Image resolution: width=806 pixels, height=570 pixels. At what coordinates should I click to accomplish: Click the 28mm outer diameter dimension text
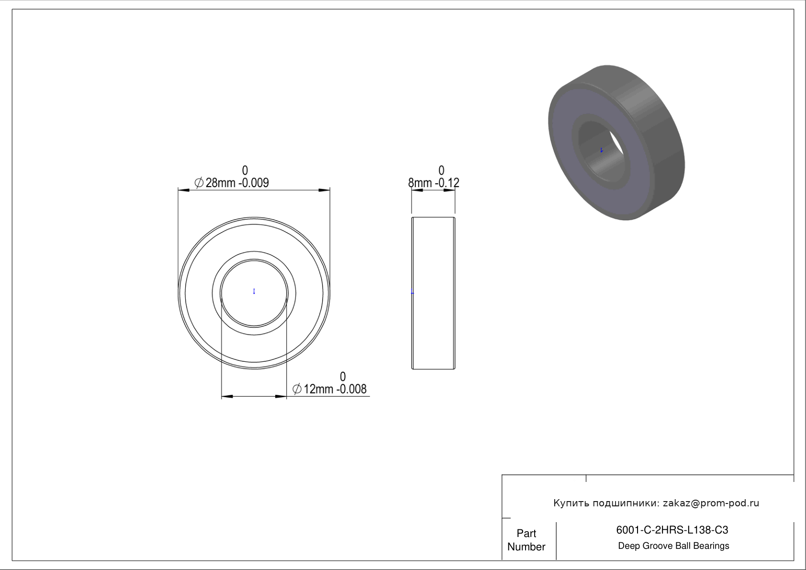tap(220, 183)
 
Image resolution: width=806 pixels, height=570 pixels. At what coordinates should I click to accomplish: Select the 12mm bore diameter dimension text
tap(318, 389)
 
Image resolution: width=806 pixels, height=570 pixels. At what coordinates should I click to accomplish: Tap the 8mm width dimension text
tap(420, 183)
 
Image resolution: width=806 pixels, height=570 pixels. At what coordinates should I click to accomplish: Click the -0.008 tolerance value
tap(351, 389)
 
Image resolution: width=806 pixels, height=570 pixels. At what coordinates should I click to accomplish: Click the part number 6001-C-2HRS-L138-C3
tap(672, 530)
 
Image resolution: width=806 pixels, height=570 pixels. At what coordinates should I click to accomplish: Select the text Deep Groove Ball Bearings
tap(673, 546)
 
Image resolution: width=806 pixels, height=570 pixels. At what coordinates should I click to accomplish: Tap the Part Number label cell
tap(526, 540)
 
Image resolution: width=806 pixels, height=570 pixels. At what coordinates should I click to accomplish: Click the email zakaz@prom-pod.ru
tap(711, 503)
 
